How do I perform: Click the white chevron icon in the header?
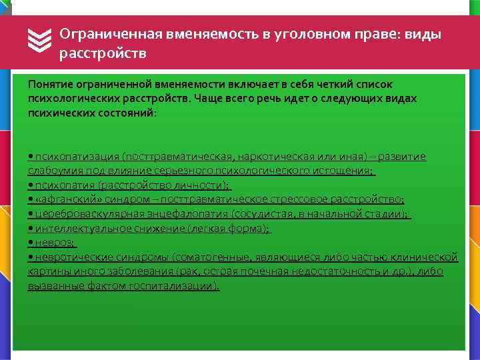tap(41, 42)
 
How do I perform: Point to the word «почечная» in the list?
tap(274, 271)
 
